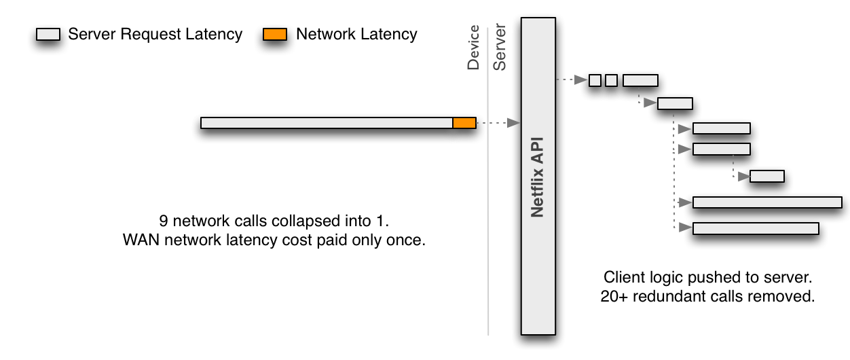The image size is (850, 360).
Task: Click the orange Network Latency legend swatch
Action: [275, 35]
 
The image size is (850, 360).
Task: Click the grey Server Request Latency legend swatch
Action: [48, 35]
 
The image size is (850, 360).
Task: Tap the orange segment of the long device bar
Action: [464, 122]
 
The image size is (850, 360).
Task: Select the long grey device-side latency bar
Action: [327, 122]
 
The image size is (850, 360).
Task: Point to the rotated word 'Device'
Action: [473, 48]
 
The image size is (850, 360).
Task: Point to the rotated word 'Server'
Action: [500, 48]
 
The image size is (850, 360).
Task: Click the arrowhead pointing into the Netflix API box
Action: [514, 123]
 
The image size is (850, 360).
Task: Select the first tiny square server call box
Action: [595, 80]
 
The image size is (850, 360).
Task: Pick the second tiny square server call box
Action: [611, 80]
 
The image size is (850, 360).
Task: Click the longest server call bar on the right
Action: [767, 202]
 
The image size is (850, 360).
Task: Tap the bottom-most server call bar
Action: [756, 228]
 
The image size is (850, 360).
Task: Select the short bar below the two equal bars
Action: [767, 176]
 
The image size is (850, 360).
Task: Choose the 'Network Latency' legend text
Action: [356, 34]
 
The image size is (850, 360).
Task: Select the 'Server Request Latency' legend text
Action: [155, 34]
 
